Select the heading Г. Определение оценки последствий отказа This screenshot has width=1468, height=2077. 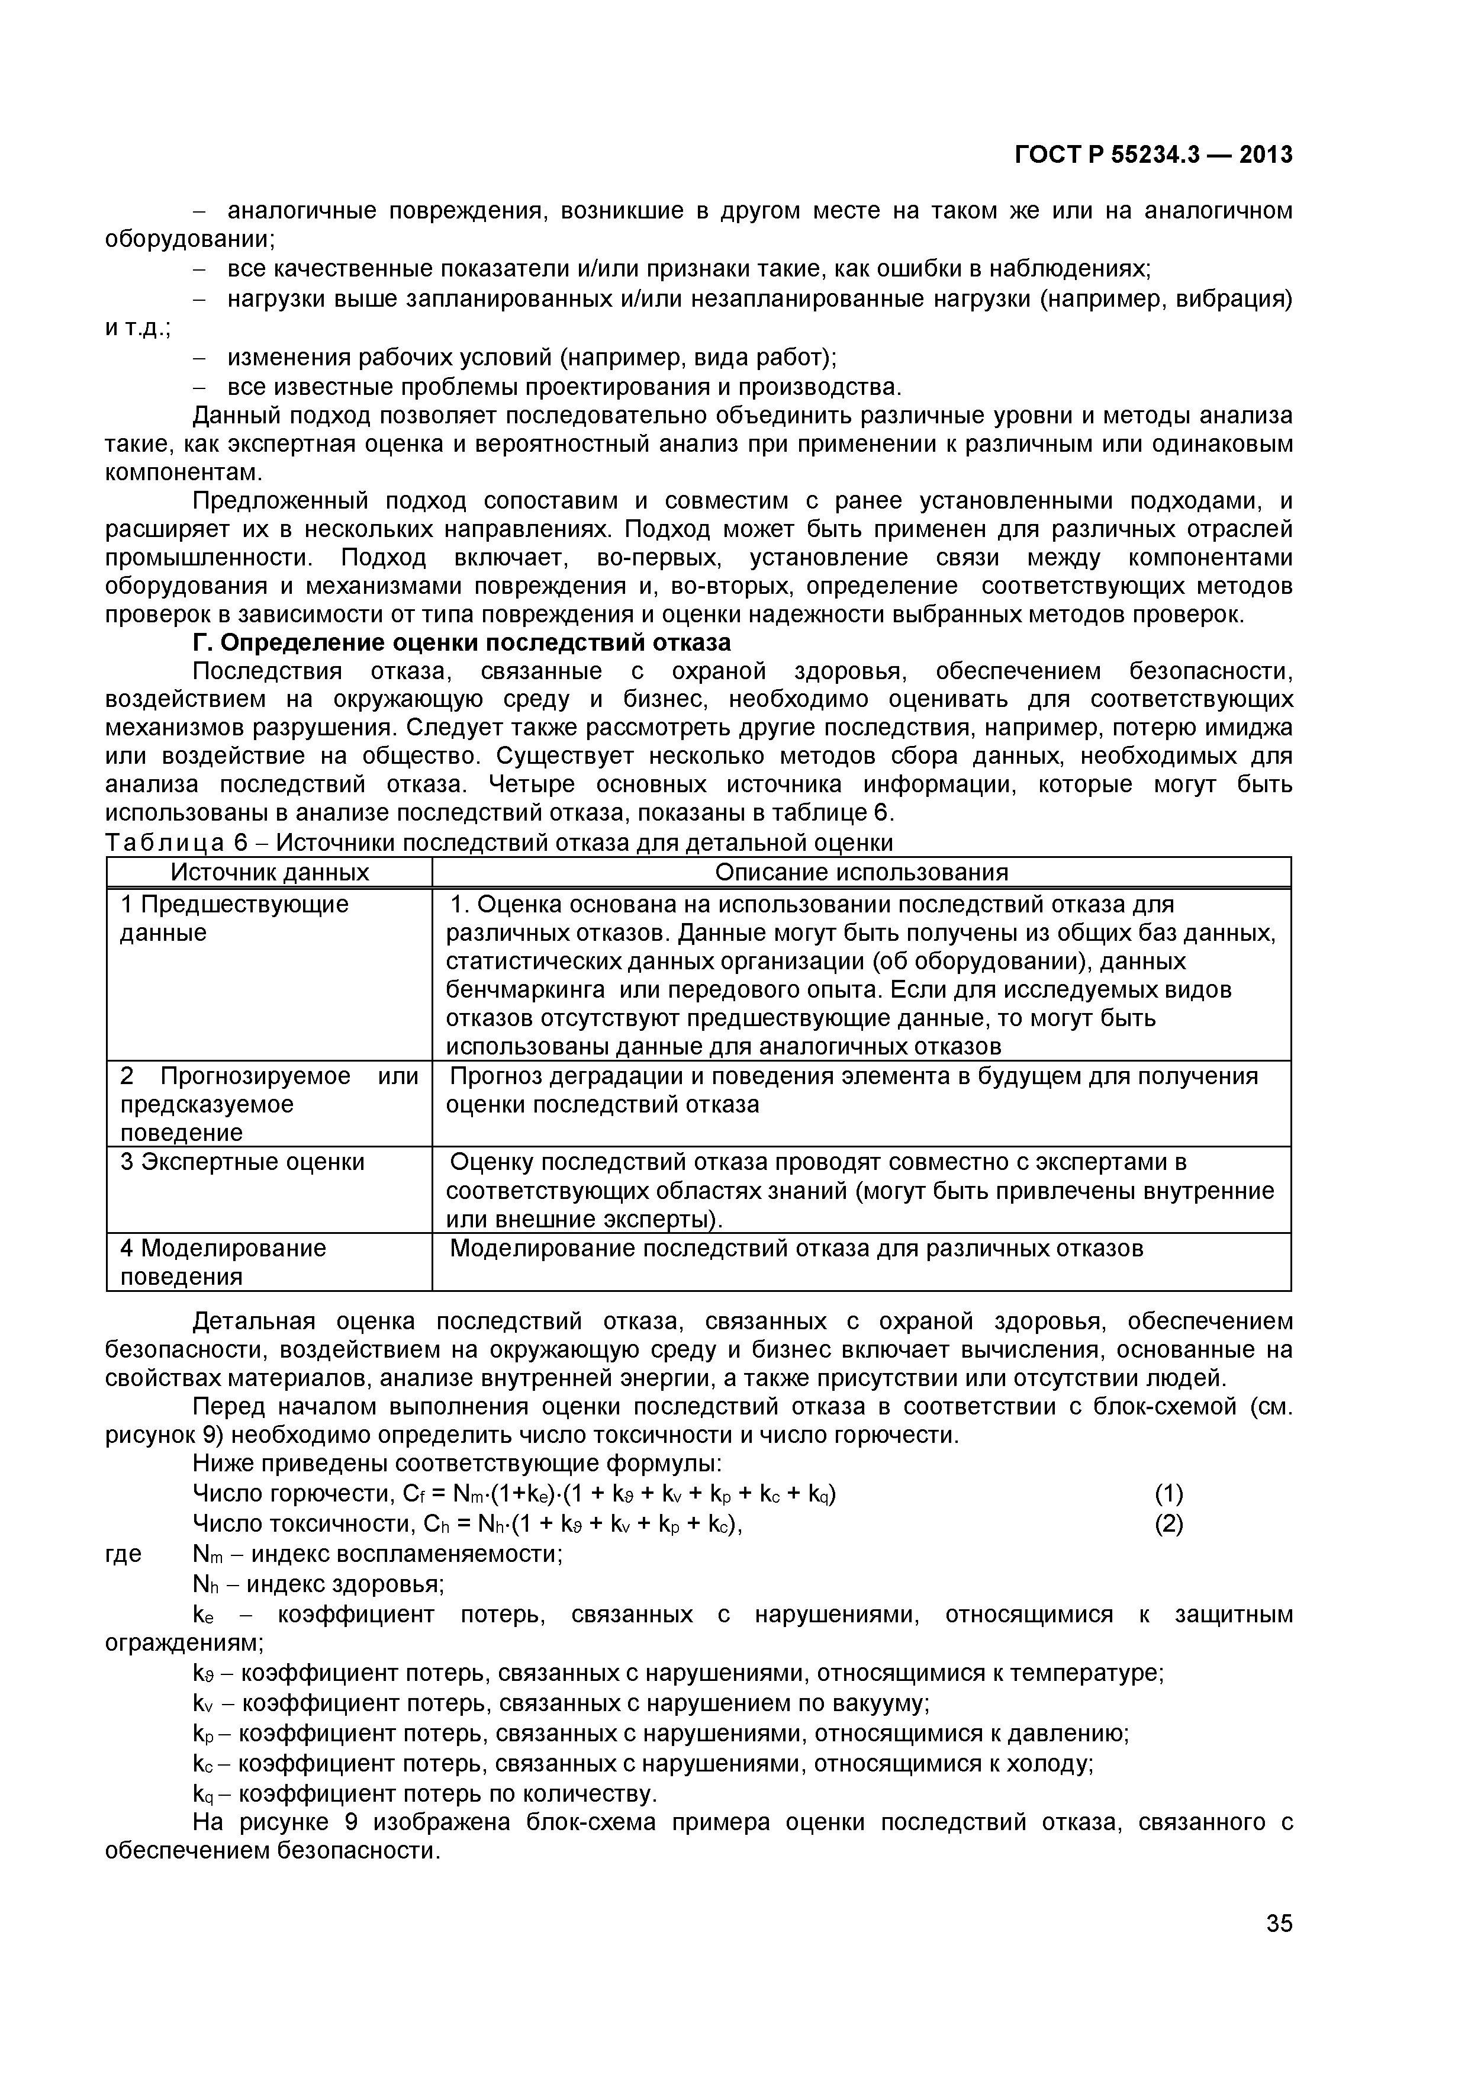(x=461, y=642)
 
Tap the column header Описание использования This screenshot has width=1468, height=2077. (x=861, y=872)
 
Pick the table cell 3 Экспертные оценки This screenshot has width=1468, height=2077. (x=243, y=1162)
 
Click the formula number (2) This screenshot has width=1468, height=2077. (x=1168, y=1523)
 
